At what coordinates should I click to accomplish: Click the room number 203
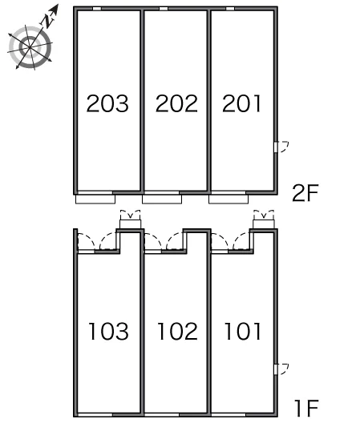(107, 103)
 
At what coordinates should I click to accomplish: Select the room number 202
(176, 103)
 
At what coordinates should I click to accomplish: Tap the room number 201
(241, 103)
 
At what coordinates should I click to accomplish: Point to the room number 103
(108, 331)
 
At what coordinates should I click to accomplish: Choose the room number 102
(177, 331)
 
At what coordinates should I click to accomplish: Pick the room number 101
(243, 331)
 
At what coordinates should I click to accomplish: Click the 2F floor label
(305, 193)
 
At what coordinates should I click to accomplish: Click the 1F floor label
(306, 408)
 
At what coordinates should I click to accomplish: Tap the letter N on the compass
(48, 21)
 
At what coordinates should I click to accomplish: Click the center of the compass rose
(30, 47)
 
